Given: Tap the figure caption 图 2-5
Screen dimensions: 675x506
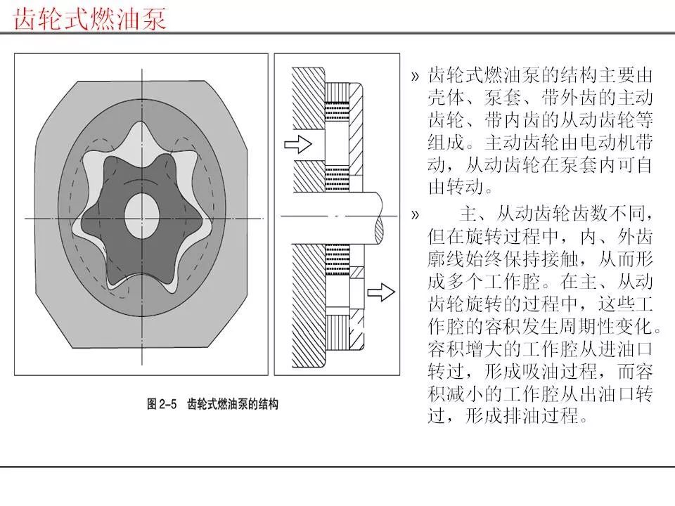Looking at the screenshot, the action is click(x=162, y=404).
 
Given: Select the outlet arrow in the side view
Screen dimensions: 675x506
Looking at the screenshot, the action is click(x=381, y=292).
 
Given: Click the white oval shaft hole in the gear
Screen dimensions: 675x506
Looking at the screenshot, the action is click(x=141, y=216).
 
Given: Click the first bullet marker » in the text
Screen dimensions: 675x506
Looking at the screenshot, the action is click(x=415, y=77).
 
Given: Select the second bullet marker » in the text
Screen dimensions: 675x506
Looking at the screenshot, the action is click(x=415, y=215).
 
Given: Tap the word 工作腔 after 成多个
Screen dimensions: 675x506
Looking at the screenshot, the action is click(x=513, y=282).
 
